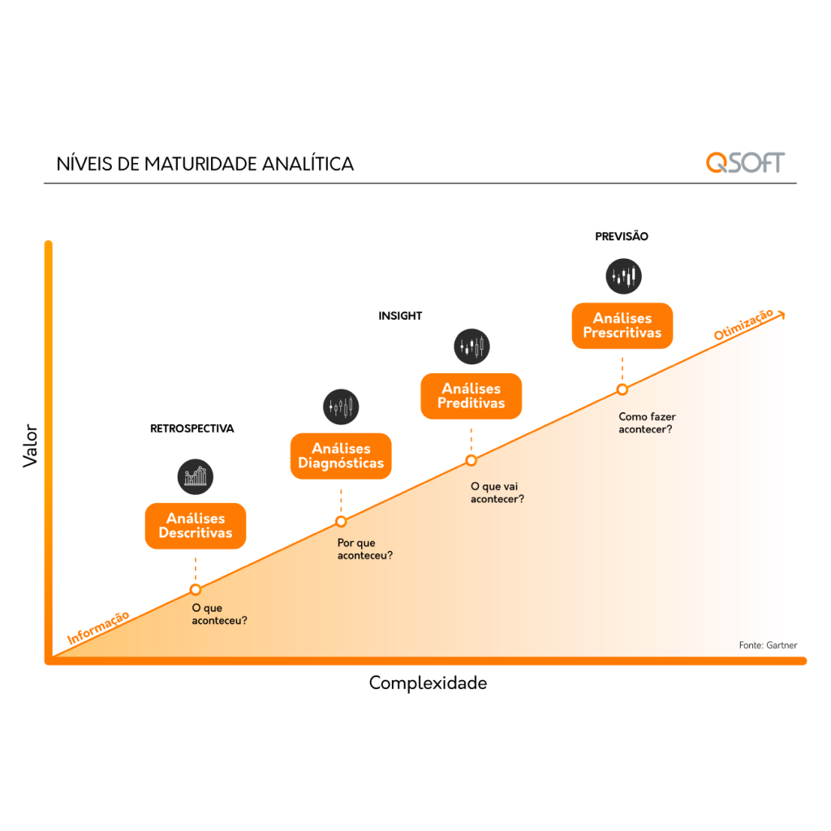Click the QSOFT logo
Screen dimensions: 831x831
click(745, 162)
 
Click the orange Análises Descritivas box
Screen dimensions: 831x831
click(196, 526)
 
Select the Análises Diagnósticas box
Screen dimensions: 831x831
click(341, 456)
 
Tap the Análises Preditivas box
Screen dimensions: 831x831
click(471, 396)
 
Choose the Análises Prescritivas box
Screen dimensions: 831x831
click(622, 325)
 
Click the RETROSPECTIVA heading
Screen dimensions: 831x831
click(192, 428)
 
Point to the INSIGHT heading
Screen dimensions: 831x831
click(400, 316)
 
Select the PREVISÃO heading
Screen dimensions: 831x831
click(622, 236)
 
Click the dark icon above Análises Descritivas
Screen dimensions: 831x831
click(196, 476)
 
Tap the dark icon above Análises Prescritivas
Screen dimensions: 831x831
click(624, 276)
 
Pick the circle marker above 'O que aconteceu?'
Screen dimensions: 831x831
click(196, 589)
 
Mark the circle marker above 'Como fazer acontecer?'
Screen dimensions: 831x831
click(622, 390)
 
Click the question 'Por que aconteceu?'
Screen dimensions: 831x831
click(365, 549)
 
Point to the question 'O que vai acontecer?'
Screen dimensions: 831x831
click(497, 493)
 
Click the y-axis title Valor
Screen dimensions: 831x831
click(30, 446)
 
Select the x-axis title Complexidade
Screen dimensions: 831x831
click(428, 682)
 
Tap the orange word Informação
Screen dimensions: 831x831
click(98, 628)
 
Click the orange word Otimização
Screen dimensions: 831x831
click(743, 325)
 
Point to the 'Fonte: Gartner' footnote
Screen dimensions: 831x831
click(768, 645)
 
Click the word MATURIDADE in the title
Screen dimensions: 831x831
click(201, 164)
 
